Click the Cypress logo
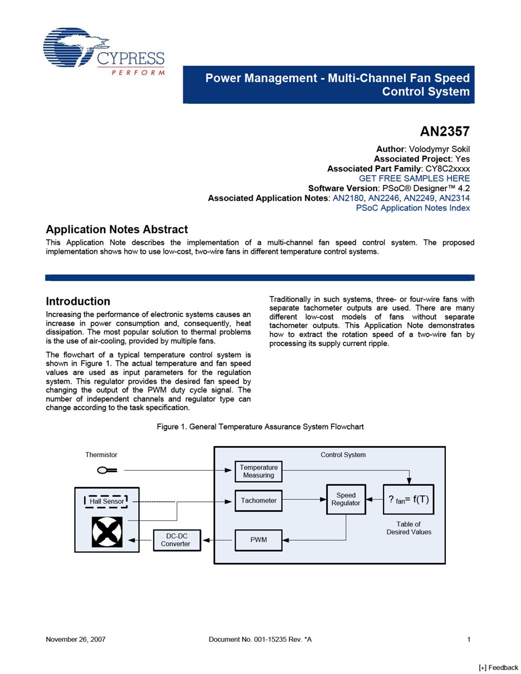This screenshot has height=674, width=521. [x=104, y=51]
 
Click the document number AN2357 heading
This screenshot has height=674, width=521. [x=444, y=132]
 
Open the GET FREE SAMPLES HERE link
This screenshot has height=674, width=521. [x=414, y=179]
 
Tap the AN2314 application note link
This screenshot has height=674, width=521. [x=454, y=198]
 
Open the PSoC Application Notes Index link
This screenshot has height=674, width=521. [x=413, y=208]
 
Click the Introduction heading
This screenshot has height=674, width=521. [x=78, y=301]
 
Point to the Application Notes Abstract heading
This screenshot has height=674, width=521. [x=117, y=230]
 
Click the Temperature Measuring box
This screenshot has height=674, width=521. [x=258, y=471]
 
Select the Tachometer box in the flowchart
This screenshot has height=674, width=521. [x=258, y=501]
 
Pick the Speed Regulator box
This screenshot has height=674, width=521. [x=346, y=499]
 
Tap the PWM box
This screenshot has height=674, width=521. [x=258, y=540]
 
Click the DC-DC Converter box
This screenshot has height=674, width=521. [x=176, y=540]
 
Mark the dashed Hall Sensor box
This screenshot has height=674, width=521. [x=106, y=501]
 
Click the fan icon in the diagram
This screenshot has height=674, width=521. [x=107, y=531]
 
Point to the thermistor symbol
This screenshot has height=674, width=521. [x=107, y=470]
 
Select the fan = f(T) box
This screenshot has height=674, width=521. [x=408, y=499]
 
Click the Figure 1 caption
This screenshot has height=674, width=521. [x=260, y=427]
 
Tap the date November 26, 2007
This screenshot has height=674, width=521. [x=75, y=639]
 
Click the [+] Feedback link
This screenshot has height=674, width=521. [x=498, y=667]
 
